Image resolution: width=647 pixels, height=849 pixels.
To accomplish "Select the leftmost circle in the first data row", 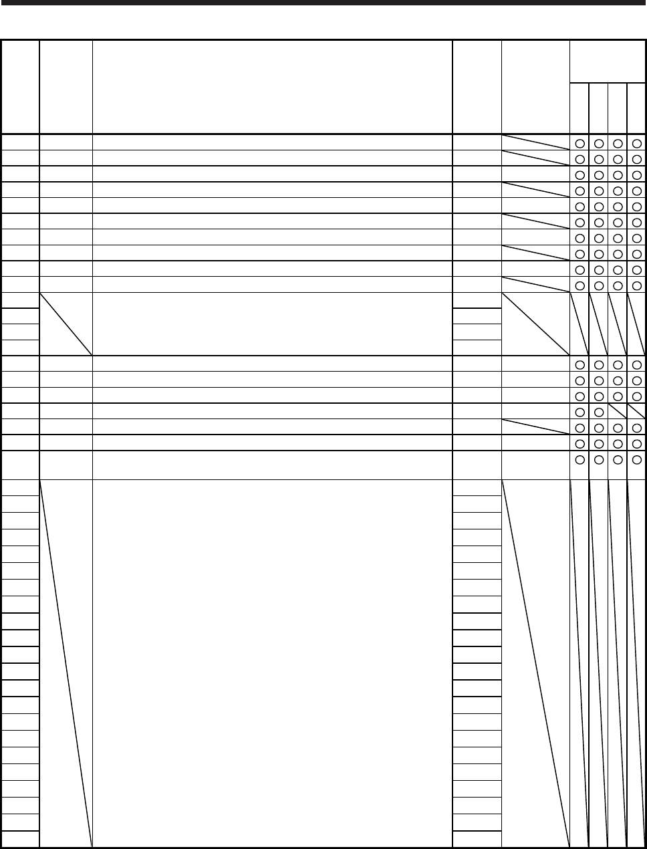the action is point(579,142).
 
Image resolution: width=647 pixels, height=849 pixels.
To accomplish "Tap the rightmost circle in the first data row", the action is point(638,142).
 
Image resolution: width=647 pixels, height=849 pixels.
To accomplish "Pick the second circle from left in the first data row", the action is point(599,142).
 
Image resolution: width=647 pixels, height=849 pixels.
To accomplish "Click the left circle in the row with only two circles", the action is point(579,412).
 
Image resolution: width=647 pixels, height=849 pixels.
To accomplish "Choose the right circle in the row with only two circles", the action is point(599,412).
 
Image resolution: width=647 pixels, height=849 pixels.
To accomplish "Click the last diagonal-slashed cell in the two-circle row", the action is point(637,411).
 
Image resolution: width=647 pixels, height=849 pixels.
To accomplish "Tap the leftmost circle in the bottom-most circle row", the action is point(579,460).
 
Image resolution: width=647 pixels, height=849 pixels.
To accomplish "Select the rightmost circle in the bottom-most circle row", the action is point(638,460).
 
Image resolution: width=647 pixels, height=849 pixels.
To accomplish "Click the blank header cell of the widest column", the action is point(272,87).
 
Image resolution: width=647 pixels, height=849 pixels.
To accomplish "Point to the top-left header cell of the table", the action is point(20,87).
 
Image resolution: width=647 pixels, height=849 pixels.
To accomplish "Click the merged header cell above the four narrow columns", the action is point(608,62).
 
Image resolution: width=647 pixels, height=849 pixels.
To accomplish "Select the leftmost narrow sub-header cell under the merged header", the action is point(579,108).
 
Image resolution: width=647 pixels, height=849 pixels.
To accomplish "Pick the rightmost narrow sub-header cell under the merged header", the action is point(637,108).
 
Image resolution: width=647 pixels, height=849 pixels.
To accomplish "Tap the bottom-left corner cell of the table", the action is point(20,840).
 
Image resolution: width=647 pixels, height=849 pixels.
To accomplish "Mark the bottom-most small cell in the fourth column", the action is point(477,840).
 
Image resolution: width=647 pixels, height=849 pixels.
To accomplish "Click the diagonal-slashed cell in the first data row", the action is point(535,142).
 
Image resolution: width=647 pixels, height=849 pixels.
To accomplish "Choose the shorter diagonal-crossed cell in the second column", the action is point(66,324).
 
